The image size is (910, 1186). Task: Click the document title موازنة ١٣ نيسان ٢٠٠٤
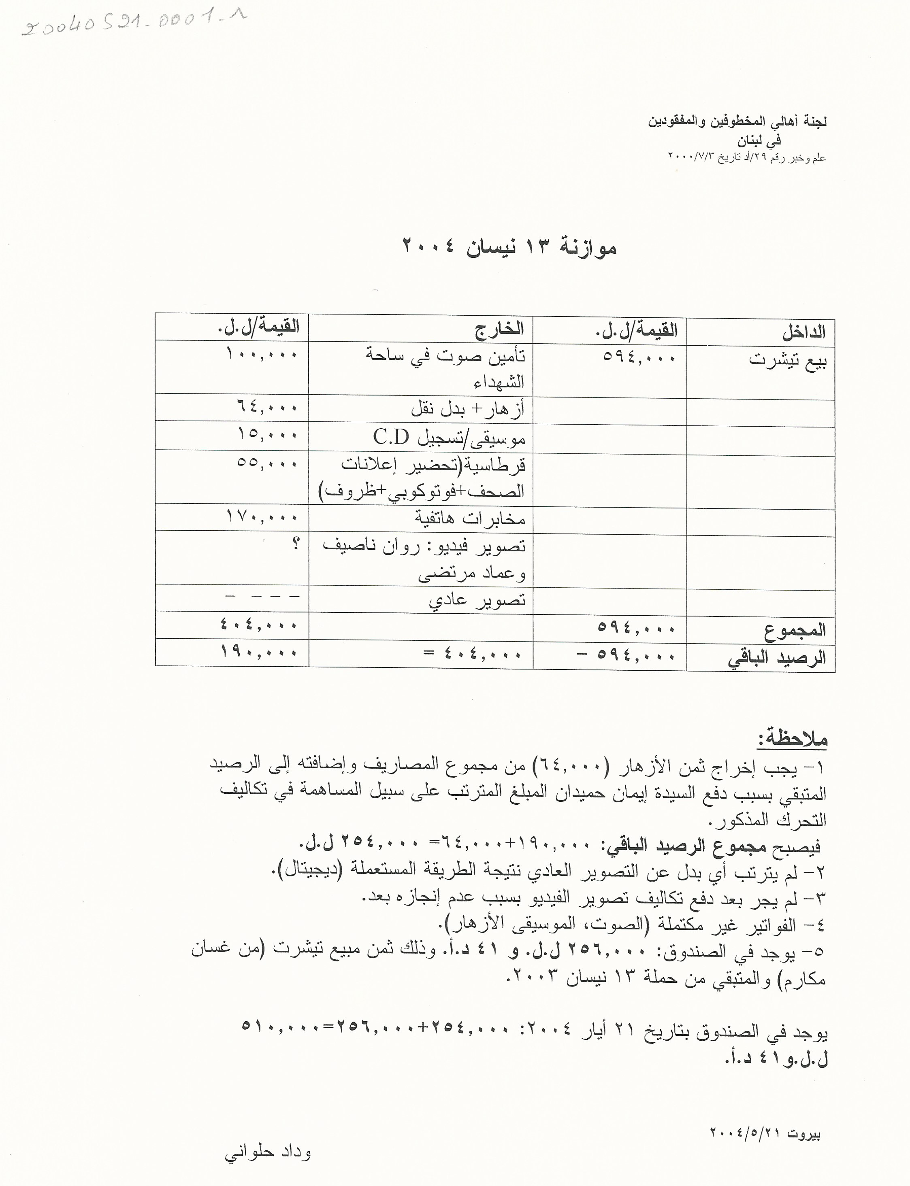pos(509,247)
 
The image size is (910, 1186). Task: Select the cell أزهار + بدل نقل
pos(467,409)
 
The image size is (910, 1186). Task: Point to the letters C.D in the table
pos(390,436)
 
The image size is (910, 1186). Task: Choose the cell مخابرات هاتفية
pos(470,519)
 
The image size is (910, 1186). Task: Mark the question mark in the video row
pos(295,544)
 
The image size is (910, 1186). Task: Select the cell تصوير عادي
pos(477,600)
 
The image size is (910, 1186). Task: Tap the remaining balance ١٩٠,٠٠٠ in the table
pos(259,652)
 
